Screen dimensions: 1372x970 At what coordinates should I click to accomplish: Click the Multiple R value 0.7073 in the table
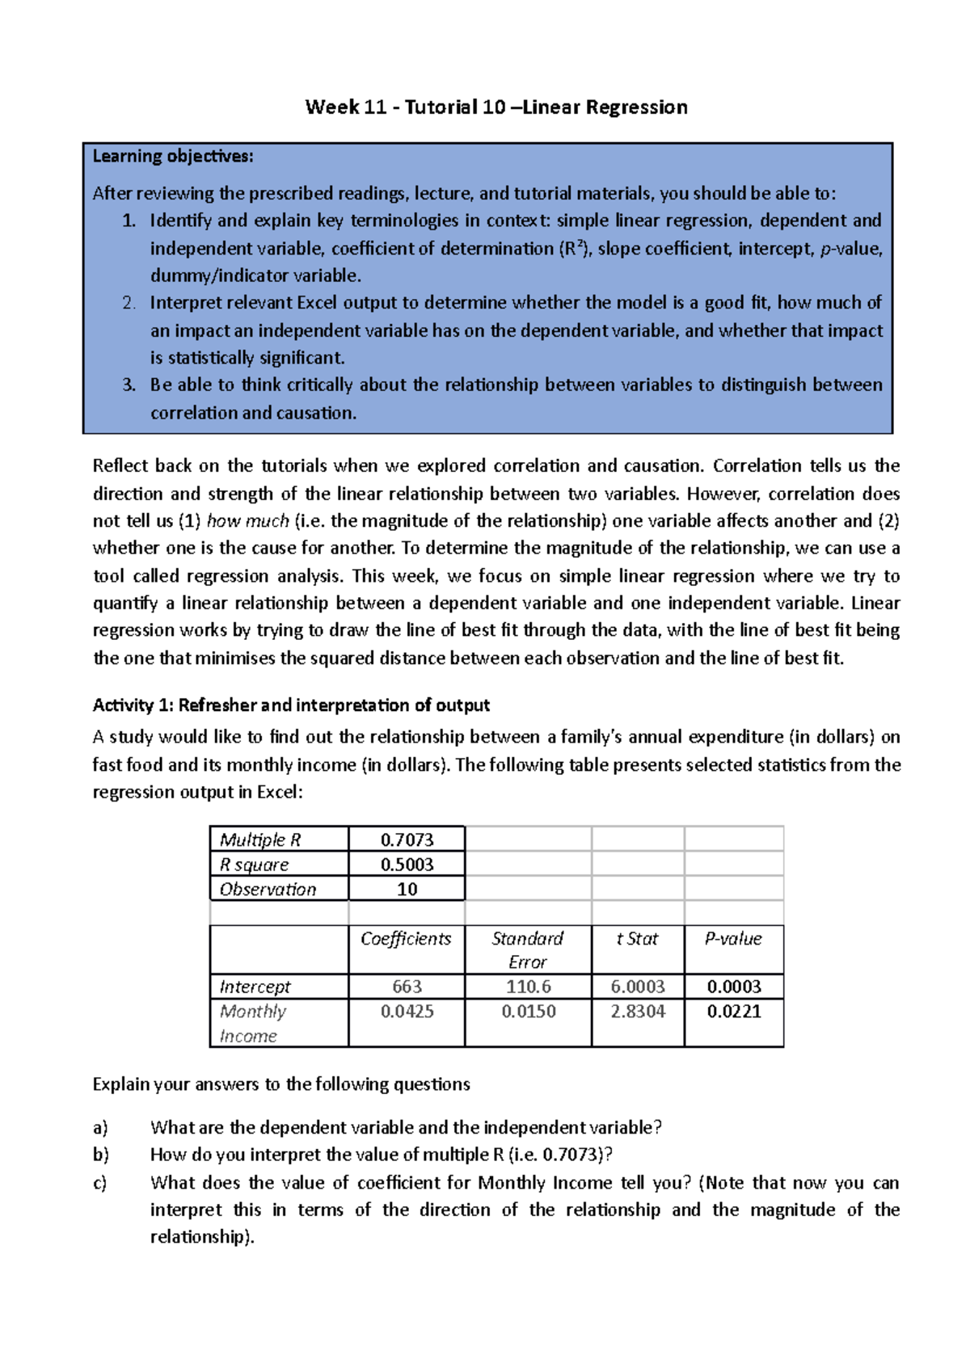(x=407, y=840)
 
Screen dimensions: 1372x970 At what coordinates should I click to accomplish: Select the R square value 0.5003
(x=407, y=865)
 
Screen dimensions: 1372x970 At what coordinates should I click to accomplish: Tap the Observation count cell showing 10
(x=407, y=890)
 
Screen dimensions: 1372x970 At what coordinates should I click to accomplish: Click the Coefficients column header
(x=406, y=939)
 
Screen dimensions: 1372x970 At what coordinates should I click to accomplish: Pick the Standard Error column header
(x=527, y=949)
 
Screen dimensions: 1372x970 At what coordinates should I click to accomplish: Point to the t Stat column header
(x=637, y=939)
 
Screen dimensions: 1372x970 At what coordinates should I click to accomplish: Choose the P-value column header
(x=733, y=939)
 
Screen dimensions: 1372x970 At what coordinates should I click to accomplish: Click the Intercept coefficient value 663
(x=407, y=987)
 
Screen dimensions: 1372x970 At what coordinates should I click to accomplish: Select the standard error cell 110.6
(x=528, y=987)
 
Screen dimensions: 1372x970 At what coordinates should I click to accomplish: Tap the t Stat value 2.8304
(x=638, y=1012)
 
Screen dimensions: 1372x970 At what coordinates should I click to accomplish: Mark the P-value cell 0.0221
(x=734, y=1012)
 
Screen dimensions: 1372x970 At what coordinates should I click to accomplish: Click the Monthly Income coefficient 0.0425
(x=407, y=1012)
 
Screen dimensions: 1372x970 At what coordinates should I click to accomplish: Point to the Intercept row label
(x=255, y=987)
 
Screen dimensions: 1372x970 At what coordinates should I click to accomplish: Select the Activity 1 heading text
(x=291, y=705)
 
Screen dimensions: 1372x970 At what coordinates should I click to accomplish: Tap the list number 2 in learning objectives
(x=129, y=303)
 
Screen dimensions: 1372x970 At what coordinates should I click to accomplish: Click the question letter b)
(x=100, y=1155)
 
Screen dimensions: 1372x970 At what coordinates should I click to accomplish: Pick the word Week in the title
(x=332, y=107)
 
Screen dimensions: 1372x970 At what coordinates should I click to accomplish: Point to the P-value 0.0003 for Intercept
(x=734, y=987)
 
